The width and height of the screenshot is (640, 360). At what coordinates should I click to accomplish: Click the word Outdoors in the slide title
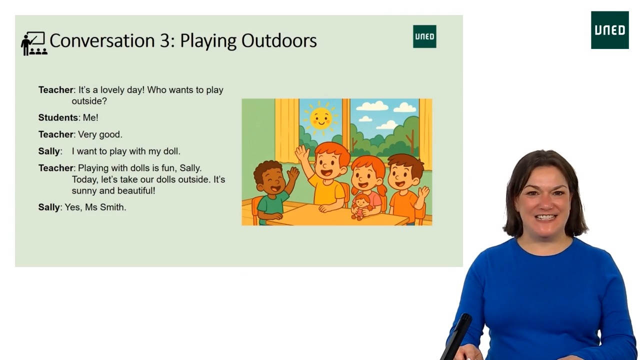[x=279, y=40]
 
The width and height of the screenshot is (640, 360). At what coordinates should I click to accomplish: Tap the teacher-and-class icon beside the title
[x=33, y=43]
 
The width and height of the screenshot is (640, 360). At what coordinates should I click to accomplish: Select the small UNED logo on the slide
[x=424, y=36]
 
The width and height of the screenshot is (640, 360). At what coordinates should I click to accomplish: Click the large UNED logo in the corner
[x=609, y=30]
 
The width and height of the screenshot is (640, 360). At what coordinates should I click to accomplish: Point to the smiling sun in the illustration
[x=320, y=118]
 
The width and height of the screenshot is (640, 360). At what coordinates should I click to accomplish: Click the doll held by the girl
[x=360, y=205]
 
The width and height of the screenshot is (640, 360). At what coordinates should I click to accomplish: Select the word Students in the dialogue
[x=58, y=117]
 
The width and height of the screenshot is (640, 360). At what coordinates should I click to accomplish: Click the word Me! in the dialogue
[x=90, y=117]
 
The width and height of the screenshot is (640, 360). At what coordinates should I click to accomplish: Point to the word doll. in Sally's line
[x=171, y=151]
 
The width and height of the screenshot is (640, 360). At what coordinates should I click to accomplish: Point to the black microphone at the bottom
[x=457, y=335]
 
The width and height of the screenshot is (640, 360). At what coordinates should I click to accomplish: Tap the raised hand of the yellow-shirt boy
[x=302, y=152]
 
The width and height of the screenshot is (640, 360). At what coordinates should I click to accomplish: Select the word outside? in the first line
[x=89, y=101]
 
